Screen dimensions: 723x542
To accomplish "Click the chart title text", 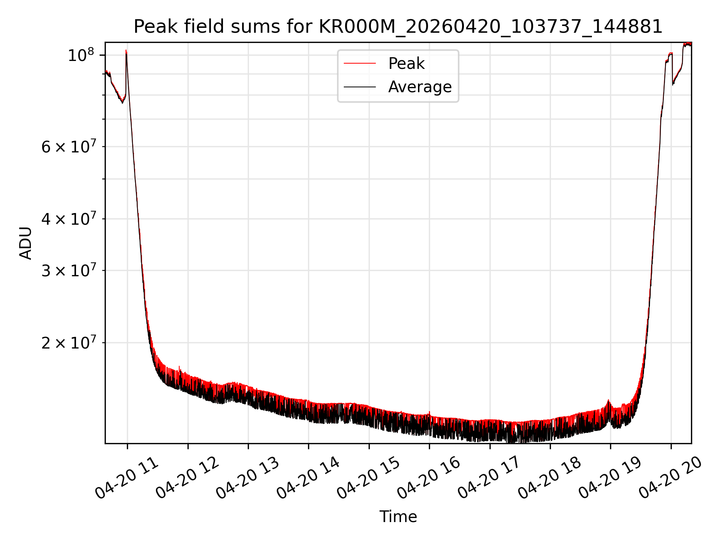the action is click(x=398, y=27).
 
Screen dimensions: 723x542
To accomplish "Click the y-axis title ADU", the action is click(x=26, y=243).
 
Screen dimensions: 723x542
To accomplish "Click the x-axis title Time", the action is click(x=398, y=516).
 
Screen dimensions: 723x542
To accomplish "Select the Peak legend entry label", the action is click(x=406, y=64).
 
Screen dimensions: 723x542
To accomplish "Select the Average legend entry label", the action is click(x=420, y=87).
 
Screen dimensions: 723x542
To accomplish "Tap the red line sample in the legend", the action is click(x=360, y=64).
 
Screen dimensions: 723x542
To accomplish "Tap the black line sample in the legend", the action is click(x=360, y=87).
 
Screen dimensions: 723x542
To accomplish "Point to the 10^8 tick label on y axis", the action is click(x=81, y=55).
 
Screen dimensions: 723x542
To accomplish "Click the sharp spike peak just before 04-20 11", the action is click(x=126, y=50).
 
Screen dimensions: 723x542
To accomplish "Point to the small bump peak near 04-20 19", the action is click(x=608, y=400).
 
